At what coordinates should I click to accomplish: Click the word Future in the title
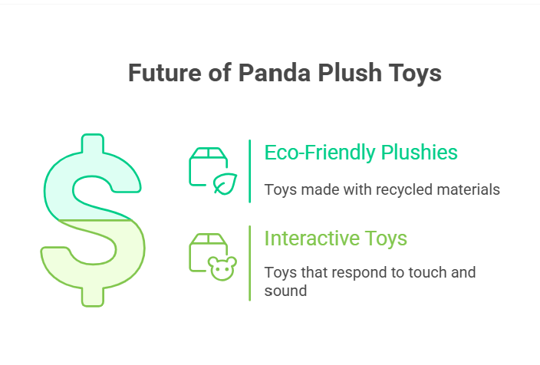click(165, 73)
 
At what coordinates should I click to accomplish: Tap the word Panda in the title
click(274, 73)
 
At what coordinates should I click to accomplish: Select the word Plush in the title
click(350, 73)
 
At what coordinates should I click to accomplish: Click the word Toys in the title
click(415, 74)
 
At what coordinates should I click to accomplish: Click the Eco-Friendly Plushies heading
click(361, 153)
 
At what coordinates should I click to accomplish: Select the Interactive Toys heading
click(336, 238)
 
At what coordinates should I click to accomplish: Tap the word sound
click(285, 291)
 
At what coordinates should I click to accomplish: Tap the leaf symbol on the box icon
click(226, 183)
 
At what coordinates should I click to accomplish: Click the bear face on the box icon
click(222, 268)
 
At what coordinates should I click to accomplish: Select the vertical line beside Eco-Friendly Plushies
click(250, 171)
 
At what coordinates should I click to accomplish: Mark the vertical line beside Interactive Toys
click(250, 264)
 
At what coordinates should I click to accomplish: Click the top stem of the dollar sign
click(93, 143)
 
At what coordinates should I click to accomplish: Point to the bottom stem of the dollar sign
click(93, 297)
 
